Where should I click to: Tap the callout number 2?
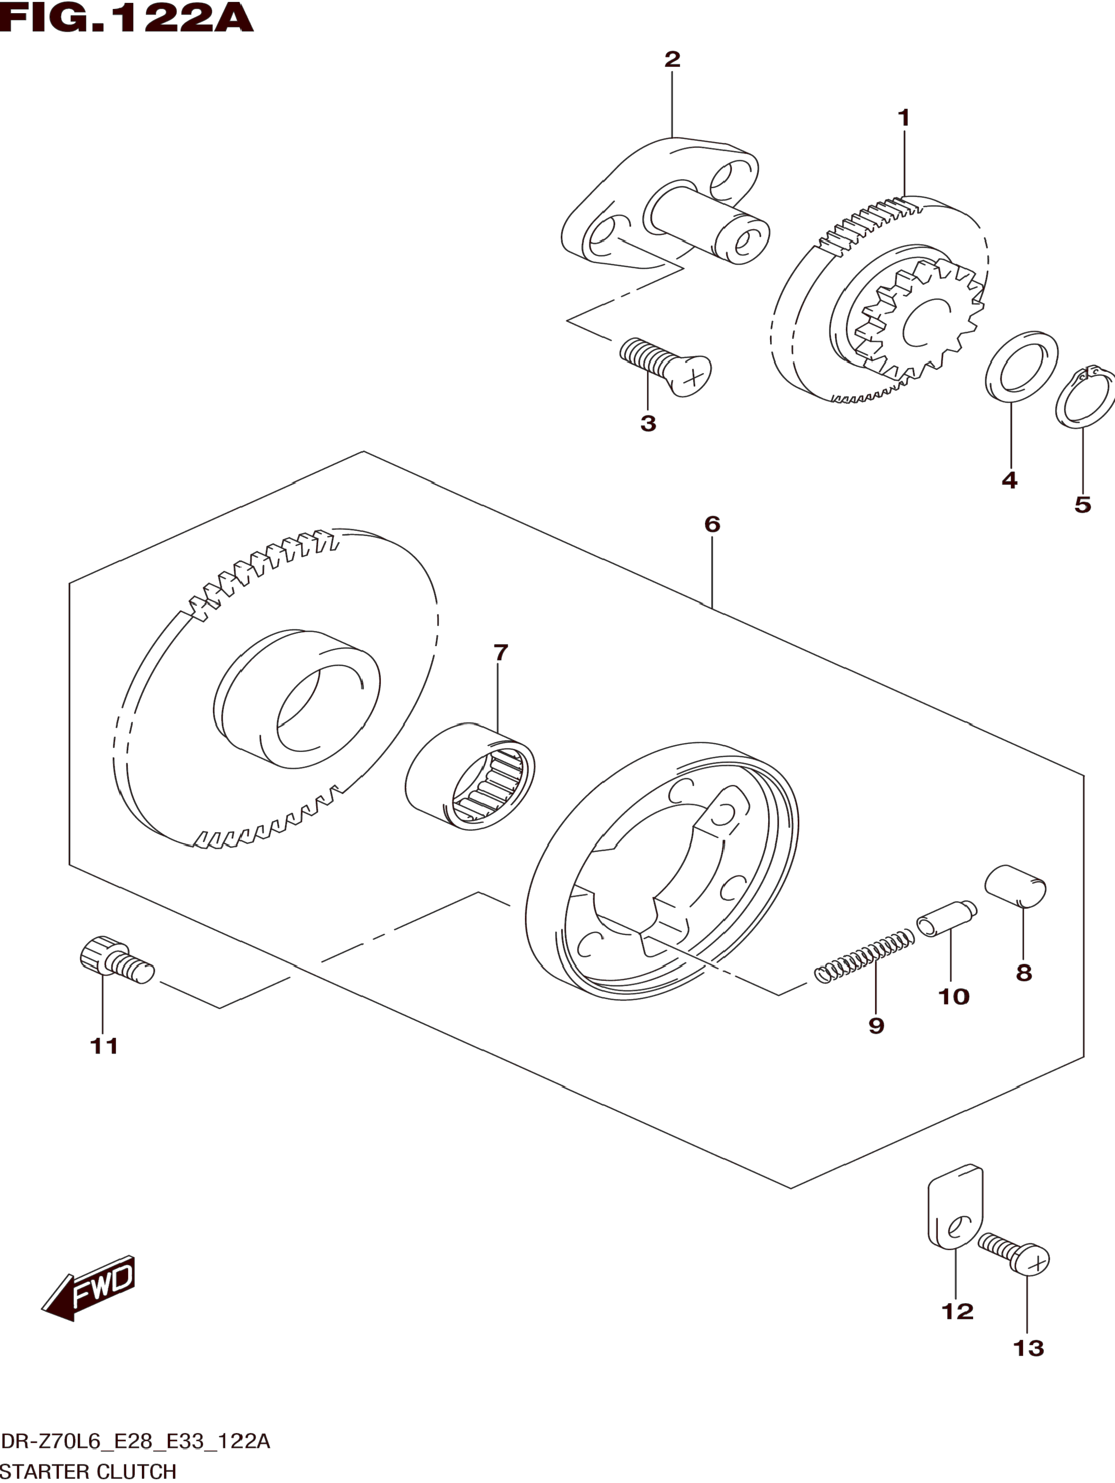click(x=672, y=59)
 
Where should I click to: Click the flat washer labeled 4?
click(x=1021, y=367)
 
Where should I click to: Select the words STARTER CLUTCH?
click(x=88, y=1472)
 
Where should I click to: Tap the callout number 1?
click(x=904, y=118)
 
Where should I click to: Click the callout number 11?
click(x=104, y=1046)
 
